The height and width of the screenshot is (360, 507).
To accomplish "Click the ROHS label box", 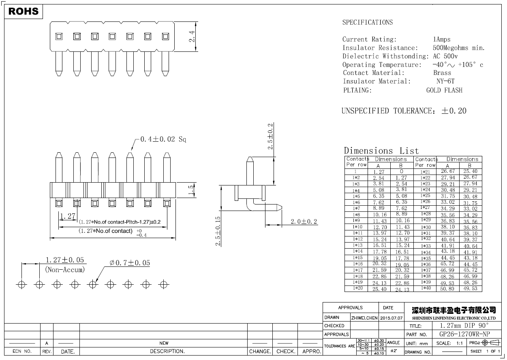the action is (24, 11).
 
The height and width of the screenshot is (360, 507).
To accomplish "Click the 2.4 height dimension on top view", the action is (192, 36).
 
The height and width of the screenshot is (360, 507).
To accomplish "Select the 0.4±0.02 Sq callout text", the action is (163, 139).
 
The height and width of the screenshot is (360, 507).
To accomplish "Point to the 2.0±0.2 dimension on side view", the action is (304, 222).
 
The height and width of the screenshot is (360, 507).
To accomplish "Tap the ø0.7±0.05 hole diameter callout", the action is (130, 263).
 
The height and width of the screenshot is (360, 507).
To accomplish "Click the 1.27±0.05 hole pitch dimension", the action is (65, 260).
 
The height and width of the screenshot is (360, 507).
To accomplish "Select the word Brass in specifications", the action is (442, 73).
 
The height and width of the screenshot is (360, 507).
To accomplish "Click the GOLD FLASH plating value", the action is (444, 90).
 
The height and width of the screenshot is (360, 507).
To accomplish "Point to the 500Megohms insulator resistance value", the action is (458, 48).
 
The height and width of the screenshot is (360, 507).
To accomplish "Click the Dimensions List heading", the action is (381, 151).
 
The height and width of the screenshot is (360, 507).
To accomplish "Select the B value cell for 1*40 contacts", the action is (471, 289).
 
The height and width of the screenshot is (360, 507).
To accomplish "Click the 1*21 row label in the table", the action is (425, 172).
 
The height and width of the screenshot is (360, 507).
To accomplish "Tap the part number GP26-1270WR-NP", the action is (465, 334).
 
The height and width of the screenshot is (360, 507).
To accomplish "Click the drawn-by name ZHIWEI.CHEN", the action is (364, 318).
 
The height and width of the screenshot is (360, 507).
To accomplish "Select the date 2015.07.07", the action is (391, 318).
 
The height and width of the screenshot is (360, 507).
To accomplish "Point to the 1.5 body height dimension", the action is (191, 190).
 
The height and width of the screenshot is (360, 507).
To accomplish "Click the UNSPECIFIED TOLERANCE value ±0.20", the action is (454, 111).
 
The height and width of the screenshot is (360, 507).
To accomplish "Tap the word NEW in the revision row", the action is (164, 343).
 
